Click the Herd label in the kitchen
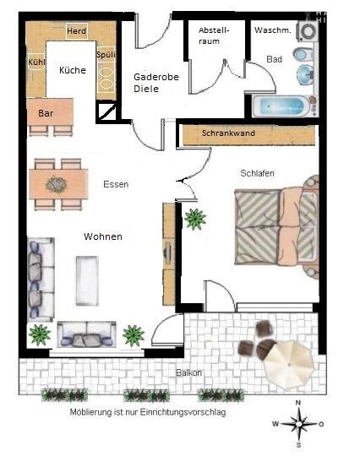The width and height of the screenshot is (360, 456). coord(77,31)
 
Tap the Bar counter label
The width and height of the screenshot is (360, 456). coord(46,113)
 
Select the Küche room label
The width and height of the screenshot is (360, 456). coord(73,70)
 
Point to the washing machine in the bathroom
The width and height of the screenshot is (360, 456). coord(307,31)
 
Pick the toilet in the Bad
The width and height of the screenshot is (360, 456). coord(303,54)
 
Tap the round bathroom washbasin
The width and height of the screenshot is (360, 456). coord(305,73)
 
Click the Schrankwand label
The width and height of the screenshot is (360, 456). coord(228,133)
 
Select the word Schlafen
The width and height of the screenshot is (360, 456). coord(257,173)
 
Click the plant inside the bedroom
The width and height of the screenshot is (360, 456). coord(195,219)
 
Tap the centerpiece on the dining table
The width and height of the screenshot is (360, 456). coord(57,184)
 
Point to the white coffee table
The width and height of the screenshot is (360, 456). coord(87,280)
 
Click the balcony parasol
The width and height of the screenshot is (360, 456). coord(290,365)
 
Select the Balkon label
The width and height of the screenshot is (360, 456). coord(189,373)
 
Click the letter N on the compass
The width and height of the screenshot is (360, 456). coord(298,403)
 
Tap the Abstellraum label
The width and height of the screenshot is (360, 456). coord(214,35)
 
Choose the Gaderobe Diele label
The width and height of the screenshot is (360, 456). coord(156,83)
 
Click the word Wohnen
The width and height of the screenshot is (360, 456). coord(103,236)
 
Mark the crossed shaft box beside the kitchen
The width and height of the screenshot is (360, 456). coord(106,112)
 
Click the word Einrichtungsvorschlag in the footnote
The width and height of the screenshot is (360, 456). coord(183,413)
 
